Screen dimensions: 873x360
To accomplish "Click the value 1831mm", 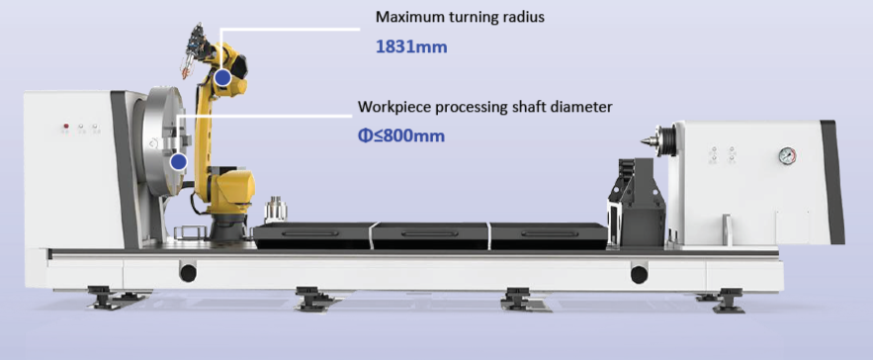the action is (x=411, y=46).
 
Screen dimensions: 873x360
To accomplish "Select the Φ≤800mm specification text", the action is (x=400, y=135).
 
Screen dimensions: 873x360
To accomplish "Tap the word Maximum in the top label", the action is (x=406, y=17).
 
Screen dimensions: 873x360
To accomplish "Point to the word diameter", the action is (x=583, y=107).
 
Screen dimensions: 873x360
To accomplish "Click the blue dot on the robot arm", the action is (x=222, y=78).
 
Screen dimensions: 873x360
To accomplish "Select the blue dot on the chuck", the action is (x=178, y=162).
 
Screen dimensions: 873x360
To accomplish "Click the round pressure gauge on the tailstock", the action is (x=787, y=155).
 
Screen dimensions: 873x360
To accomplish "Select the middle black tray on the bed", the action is (x=430, y=235).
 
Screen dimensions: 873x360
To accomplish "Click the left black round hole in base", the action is (x=188, y=273).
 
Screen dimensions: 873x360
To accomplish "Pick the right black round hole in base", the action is (x=639, y=274).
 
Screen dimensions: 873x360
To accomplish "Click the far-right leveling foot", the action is (x=726, y=300).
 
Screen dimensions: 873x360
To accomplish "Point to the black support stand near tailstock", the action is (x=637, y=202).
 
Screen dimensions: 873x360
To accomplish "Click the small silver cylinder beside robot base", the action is (x=275, y=210).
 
